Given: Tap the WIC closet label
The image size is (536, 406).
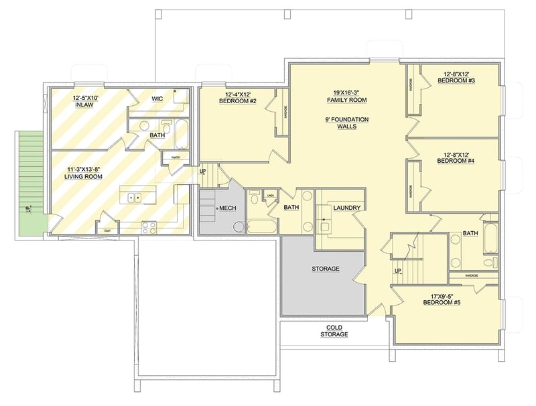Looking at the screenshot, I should tap(157, 98).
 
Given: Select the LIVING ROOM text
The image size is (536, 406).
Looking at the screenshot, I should tap(83, 176).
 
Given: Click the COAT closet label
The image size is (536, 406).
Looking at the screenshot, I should tap(106, 230).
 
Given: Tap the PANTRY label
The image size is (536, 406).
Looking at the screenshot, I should tap(176, 158).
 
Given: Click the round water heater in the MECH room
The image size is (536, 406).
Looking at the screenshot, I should tap(239, 226).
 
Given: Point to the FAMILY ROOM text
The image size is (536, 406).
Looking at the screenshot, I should tap(346, 100).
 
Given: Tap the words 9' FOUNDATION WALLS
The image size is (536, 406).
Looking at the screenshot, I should tap(346, 123).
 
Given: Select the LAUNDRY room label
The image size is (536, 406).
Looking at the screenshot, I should tap(346, 208).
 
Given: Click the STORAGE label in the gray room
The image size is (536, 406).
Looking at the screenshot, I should tap(325, 269).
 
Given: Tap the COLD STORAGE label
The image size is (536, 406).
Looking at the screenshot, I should tap(334, 330).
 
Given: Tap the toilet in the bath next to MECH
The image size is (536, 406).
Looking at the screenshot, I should tap(254, 198).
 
